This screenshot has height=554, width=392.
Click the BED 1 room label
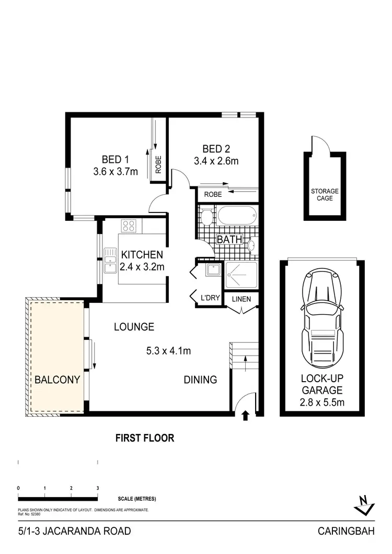(115, 159)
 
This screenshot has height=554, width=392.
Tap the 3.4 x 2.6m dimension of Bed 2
(216, 161)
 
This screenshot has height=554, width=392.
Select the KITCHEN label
(142, 255)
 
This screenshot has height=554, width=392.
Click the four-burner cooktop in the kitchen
(129, 226)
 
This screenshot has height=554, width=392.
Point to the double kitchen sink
(110, 261)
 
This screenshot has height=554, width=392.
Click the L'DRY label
(209, 299)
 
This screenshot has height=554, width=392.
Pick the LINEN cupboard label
(241, 299)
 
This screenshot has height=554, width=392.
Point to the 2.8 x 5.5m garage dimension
(321, 402)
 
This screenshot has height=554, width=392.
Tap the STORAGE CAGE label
(325, 195)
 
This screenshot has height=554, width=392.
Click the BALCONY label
(57, 380)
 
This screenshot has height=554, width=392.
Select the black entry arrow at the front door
(246, 416)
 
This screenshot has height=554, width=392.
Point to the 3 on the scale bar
(98, 488)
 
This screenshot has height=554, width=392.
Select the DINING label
(200, 380)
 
